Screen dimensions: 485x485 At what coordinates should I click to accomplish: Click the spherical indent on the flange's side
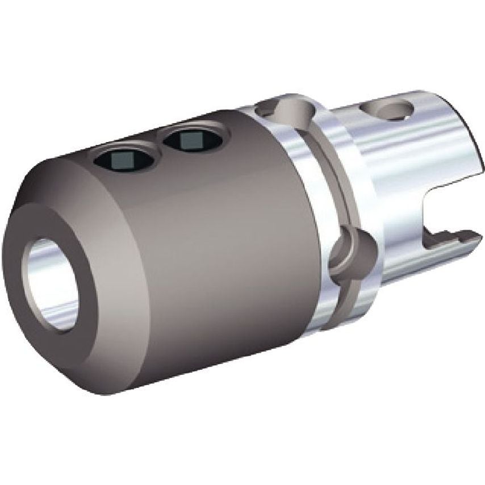(352, 250)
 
